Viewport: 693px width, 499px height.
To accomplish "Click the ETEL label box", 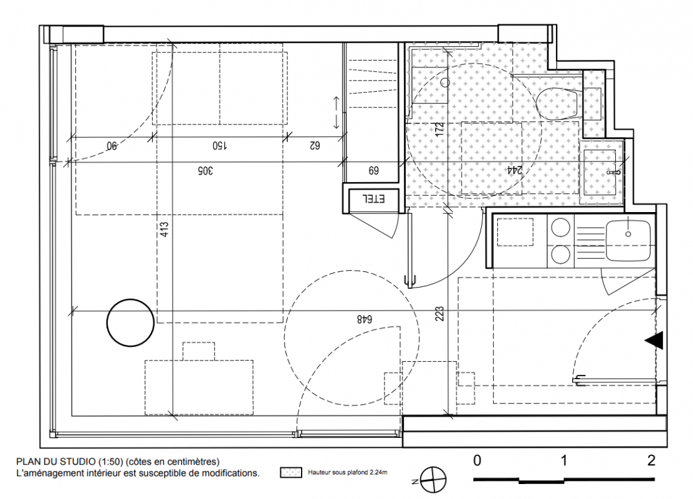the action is pyautogui.click(x=373, y=199).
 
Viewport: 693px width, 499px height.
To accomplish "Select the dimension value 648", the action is pyautogui.click(x=365, y=319).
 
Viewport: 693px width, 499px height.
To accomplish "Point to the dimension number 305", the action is pyautogui.click(x=204, y=170).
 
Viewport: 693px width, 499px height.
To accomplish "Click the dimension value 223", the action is pyautogui.click(x=439, y=314).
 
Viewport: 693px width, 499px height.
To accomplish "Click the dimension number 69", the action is pyautogui.click(x=373, y=170).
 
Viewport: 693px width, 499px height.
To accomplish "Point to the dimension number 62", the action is pyautogui.click(x=314, y=145).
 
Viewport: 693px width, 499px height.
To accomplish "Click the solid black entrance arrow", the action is pyautogui.click(x=654, y=341).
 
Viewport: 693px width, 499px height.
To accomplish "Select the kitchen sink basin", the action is pyautogui.click(x=628, y=241).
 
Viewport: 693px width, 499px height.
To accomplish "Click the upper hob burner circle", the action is pyautogui.click(x=560, y=228).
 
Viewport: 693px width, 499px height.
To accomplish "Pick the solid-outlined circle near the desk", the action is pyautogui.click(x=130, y=322).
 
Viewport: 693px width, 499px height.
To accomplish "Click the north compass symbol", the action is pyautogui.click(x=433, y=480).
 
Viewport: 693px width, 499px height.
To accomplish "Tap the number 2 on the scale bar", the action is pyautogui.click(x=651, y=460).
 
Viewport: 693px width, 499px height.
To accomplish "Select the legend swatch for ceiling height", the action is pyautogui.click(x=291, y=472).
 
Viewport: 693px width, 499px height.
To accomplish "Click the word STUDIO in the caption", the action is pyautogui.click(x=75, y=462).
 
